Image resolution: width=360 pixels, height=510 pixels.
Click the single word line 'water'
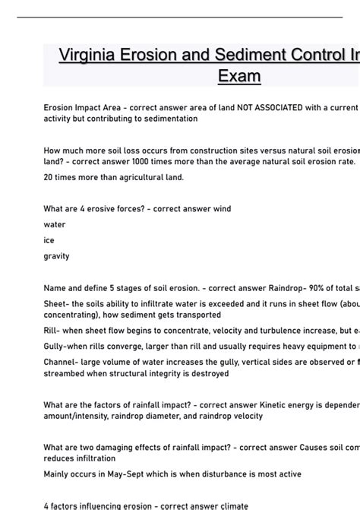coord(55,225)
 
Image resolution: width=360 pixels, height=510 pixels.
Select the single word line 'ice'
coord(49,240)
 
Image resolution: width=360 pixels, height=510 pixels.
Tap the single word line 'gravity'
coord(57,256)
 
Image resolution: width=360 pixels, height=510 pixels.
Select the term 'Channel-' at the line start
coord(62,363)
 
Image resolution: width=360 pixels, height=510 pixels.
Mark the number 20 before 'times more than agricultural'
coord(49,177)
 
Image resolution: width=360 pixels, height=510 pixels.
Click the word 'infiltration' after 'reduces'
coord(96,458)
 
